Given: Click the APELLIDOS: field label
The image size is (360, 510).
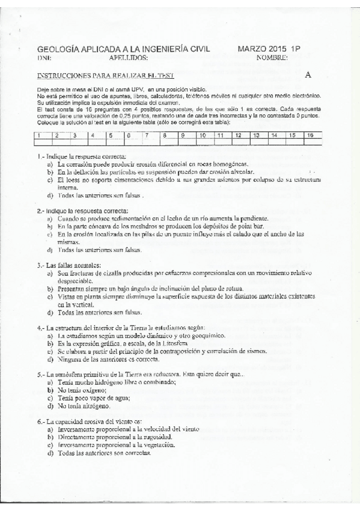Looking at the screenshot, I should pyautogui.click(x=129, y=58).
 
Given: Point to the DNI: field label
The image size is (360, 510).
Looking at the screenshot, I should pyautogui.click(x=44, y=59).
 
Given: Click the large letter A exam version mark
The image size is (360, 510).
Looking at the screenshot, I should pyautogui.click(x=308, y=75).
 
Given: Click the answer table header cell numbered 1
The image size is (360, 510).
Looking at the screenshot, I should pyautogui.click(x=39, y=135).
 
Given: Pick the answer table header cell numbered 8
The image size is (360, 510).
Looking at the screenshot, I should pyautogui.click(x=163, y=135).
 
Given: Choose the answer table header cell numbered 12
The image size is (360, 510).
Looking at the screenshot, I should pyautogui.click(x=238, y=135).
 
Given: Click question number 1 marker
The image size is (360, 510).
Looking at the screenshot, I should pyautogui.click(x=40, y=156).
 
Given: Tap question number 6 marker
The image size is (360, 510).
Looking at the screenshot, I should pyautogui.click(x=40, y=422).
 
